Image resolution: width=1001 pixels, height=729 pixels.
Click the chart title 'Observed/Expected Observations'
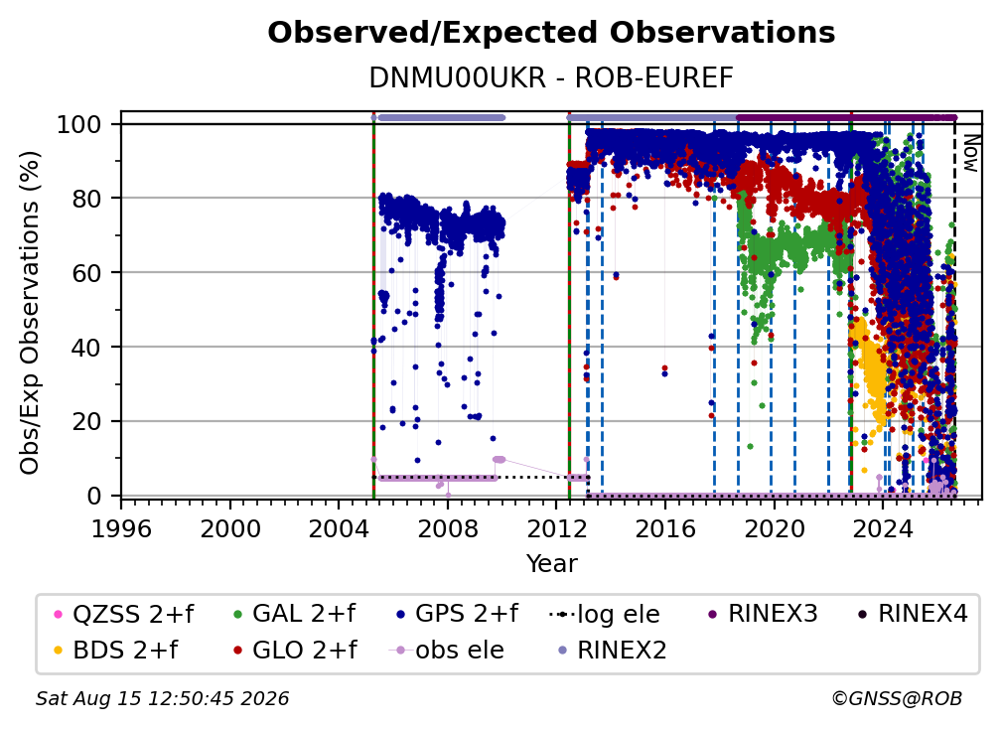(x=551, y=33)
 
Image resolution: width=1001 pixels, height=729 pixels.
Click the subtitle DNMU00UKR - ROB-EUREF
(x=551, y=78)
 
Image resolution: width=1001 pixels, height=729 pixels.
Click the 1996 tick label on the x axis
(x=121, y=528)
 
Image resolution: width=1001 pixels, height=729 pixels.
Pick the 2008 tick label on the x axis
(x=448, y=528)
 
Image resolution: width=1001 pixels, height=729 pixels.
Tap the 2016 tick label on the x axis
(x=665, y=528)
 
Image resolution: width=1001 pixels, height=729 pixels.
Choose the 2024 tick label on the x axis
(x=883, y=528)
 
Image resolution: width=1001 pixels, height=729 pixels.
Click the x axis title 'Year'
(x=551, y=564)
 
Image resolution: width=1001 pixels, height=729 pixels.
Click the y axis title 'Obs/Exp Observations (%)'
(x=30, y=313)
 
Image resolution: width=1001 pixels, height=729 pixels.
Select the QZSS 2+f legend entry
(x=124, y=614)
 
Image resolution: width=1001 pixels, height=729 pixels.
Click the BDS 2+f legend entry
(x=116, y=651)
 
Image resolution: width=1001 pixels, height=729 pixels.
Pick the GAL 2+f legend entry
(x=294, y=614)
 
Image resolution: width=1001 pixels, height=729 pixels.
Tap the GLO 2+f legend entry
(x=295, y=651)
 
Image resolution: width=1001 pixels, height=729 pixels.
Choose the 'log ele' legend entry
(x=604, y=615)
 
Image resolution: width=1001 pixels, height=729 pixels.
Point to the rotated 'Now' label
(x=970, y=153)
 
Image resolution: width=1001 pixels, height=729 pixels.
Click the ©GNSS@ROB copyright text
(x=897, y=699)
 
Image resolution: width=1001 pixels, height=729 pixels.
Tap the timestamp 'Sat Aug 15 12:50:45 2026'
(x=162, y=699)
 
